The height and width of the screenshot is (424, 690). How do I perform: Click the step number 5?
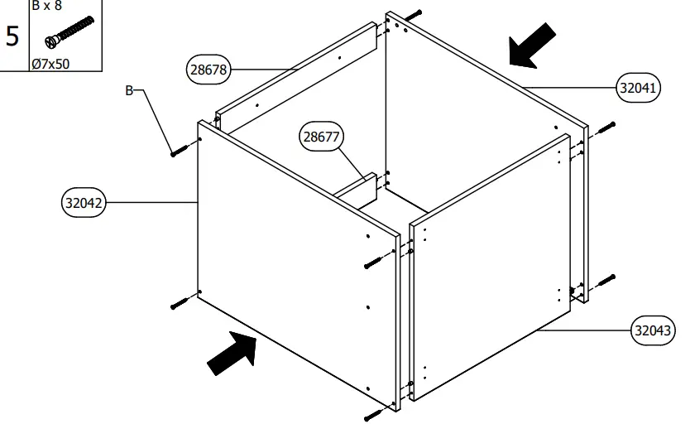point(13,36)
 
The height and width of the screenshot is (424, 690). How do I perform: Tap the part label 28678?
point(208,69)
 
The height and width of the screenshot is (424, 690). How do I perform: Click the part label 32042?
point(84,202)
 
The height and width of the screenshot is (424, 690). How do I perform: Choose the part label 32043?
point(652,330)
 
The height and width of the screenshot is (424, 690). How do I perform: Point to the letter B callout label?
point(129,91)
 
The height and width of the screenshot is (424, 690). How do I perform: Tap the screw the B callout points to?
point(180,149)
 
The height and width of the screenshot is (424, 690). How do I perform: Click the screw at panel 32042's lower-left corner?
point(180,303)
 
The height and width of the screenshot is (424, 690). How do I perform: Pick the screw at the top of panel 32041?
point(414,16)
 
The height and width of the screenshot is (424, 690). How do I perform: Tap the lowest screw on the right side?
point(606,280)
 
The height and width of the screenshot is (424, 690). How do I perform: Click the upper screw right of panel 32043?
point(606,128)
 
